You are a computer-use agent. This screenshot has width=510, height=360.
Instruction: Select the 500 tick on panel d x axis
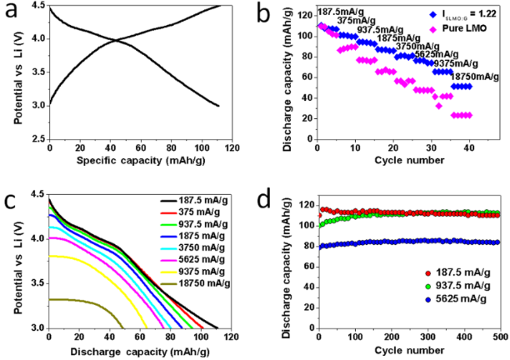(499, 336)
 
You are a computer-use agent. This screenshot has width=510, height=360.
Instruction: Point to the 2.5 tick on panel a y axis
(36, 138)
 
